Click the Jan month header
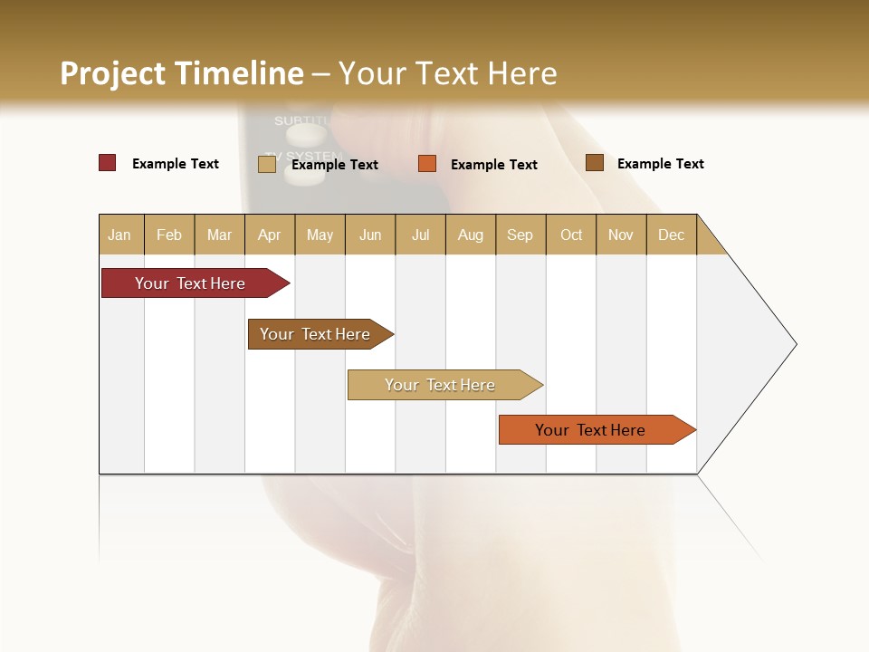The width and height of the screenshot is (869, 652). coord(120,235)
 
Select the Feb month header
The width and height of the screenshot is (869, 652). coord(169,235)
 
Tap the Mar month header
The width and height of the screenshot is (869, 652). coord(219,235)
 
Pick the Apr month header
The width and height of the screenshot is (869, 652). coord(270,235)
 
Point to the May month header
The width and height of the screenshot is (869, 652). coord(320,235)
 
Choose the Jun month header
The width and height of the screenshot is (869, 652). coord(370,235)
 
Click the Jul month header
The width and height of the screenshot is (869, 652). coord(420,235)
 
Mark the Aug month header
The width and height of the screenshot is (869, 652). coord(471,235)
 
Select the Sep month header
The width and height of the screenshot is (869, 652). coord(520,235)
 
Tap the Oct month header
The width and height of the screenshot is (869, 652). coord(571,235)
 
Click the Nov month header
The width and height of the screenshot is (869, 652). coord(621,235)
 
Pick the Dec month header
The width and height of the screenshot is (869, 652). coord(671,235)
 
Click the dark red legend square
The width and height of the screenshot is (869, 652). coord(108,163)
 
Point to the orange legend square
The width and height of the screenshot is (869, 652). coord(427,164)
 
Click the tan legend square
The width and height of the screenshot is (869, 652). coord(267,164)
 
